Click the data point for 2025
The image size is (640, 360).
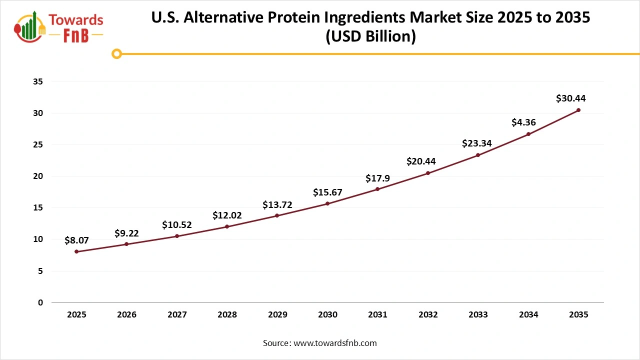click(x=76, y=251)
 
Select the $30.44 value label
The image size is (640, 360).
click(x=570, y=98)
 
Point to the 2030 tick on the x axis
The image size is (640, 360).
click(x=327, y=315)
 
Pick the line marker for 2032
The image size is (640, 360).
click(x=428, y=173)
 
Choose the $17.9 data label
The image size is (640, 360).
click(x=377, y=178)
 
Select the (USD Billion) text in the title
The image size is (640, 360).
click(x=370, y=36)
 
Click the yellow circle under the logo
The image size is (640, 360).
click(x=116, y=53)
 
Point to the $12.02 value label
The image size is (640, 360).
click(x=227, y=215)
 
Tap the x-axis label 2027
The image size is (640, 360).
click(x=177, y=315)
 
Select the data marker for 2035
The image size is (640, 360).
click(x=578, y=110)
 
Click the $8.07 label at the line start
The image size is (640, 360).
click(x=77, y=240)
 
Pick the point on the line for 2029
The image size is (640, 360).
click(x=277, y=215)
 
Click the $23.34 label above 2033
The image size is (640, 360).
click(x=477, y=143)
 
